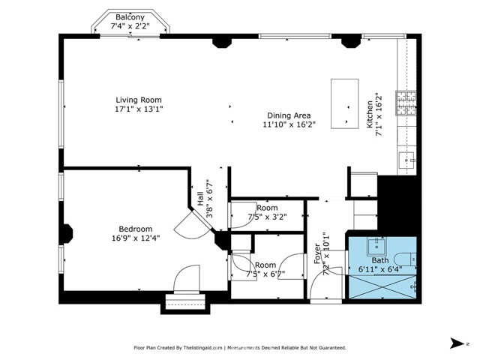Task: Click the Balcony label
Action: pyautogui.click(x=130, y=17)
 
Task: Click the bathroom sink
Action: pyautogui.click(x=376, y=247)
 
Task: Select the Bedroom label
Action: pyautogui.click(x=136, y=229)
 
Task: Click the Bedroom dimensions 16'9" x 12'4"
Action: pyautogui.click(x=136, y=238)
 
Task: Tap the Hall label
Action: pyautogui.click(x=200, y=198)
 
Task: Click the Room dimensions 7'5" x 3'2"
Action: pyautogui.click(x=267, y=217)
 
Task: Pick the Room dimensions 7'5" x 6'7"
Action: pyautogui.click(x=265, y=274)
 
